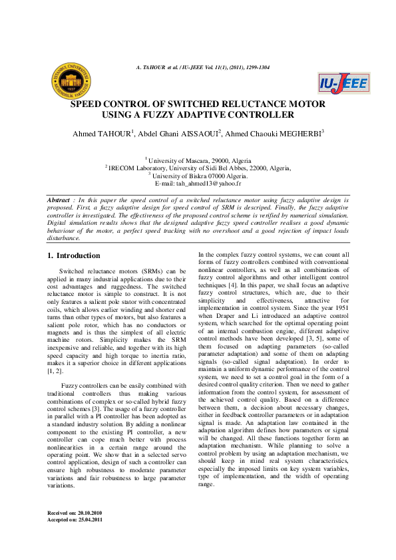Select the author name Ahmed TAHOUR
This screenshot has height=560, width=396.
(102, 134)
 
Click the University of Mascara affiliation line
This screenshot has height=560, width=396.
(199, 161)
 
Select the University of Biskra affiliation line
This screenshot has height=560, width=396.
(199, 176)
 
